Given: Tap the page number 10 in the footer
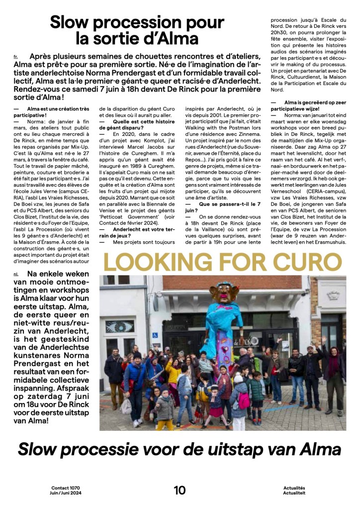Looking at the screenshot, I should (180, 490).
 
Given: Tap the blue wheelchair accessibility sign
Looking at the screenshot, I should (155, 335).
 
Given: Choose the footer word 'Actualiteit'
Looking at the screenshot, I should (294, 493).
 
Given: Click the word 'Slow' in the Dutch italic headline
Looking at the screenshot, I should (41, 449).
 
